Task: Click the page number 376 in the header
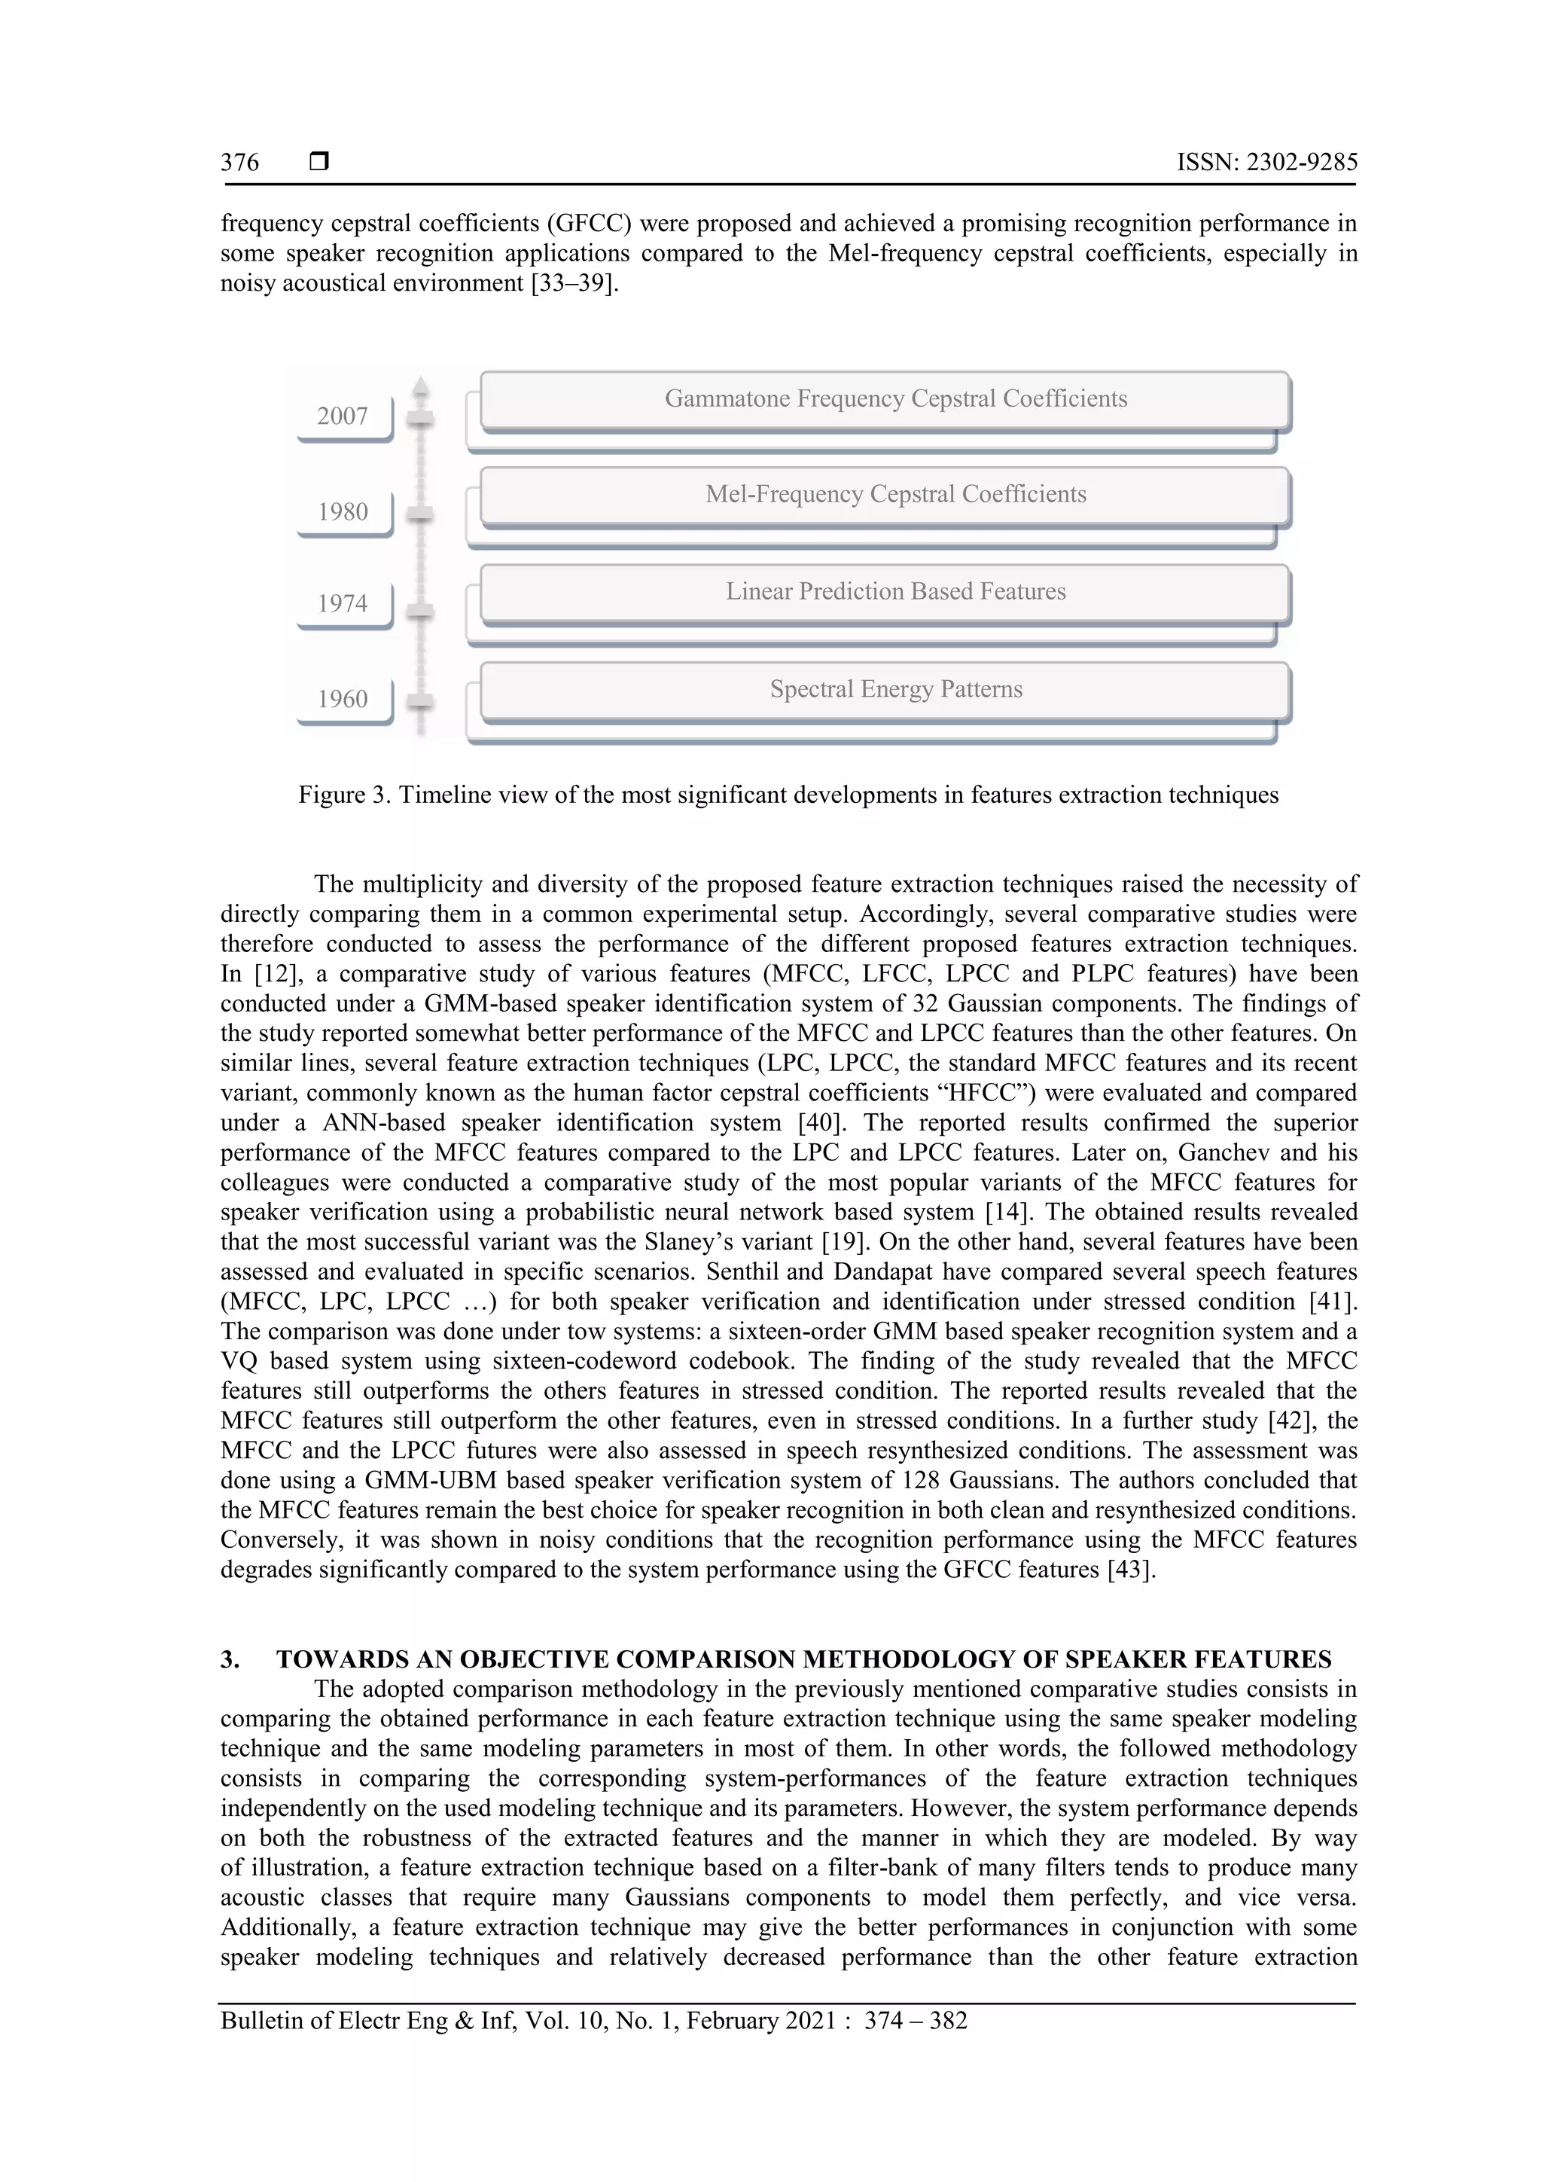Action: point(239,163)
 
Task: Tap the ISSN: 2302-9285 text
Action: point(1266,163)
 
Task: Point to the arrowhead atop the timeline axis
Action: point(421,385)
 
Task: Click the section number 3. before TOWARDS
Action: point(230,1660)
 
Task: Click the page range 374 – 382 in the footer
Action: point(915,2021)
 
